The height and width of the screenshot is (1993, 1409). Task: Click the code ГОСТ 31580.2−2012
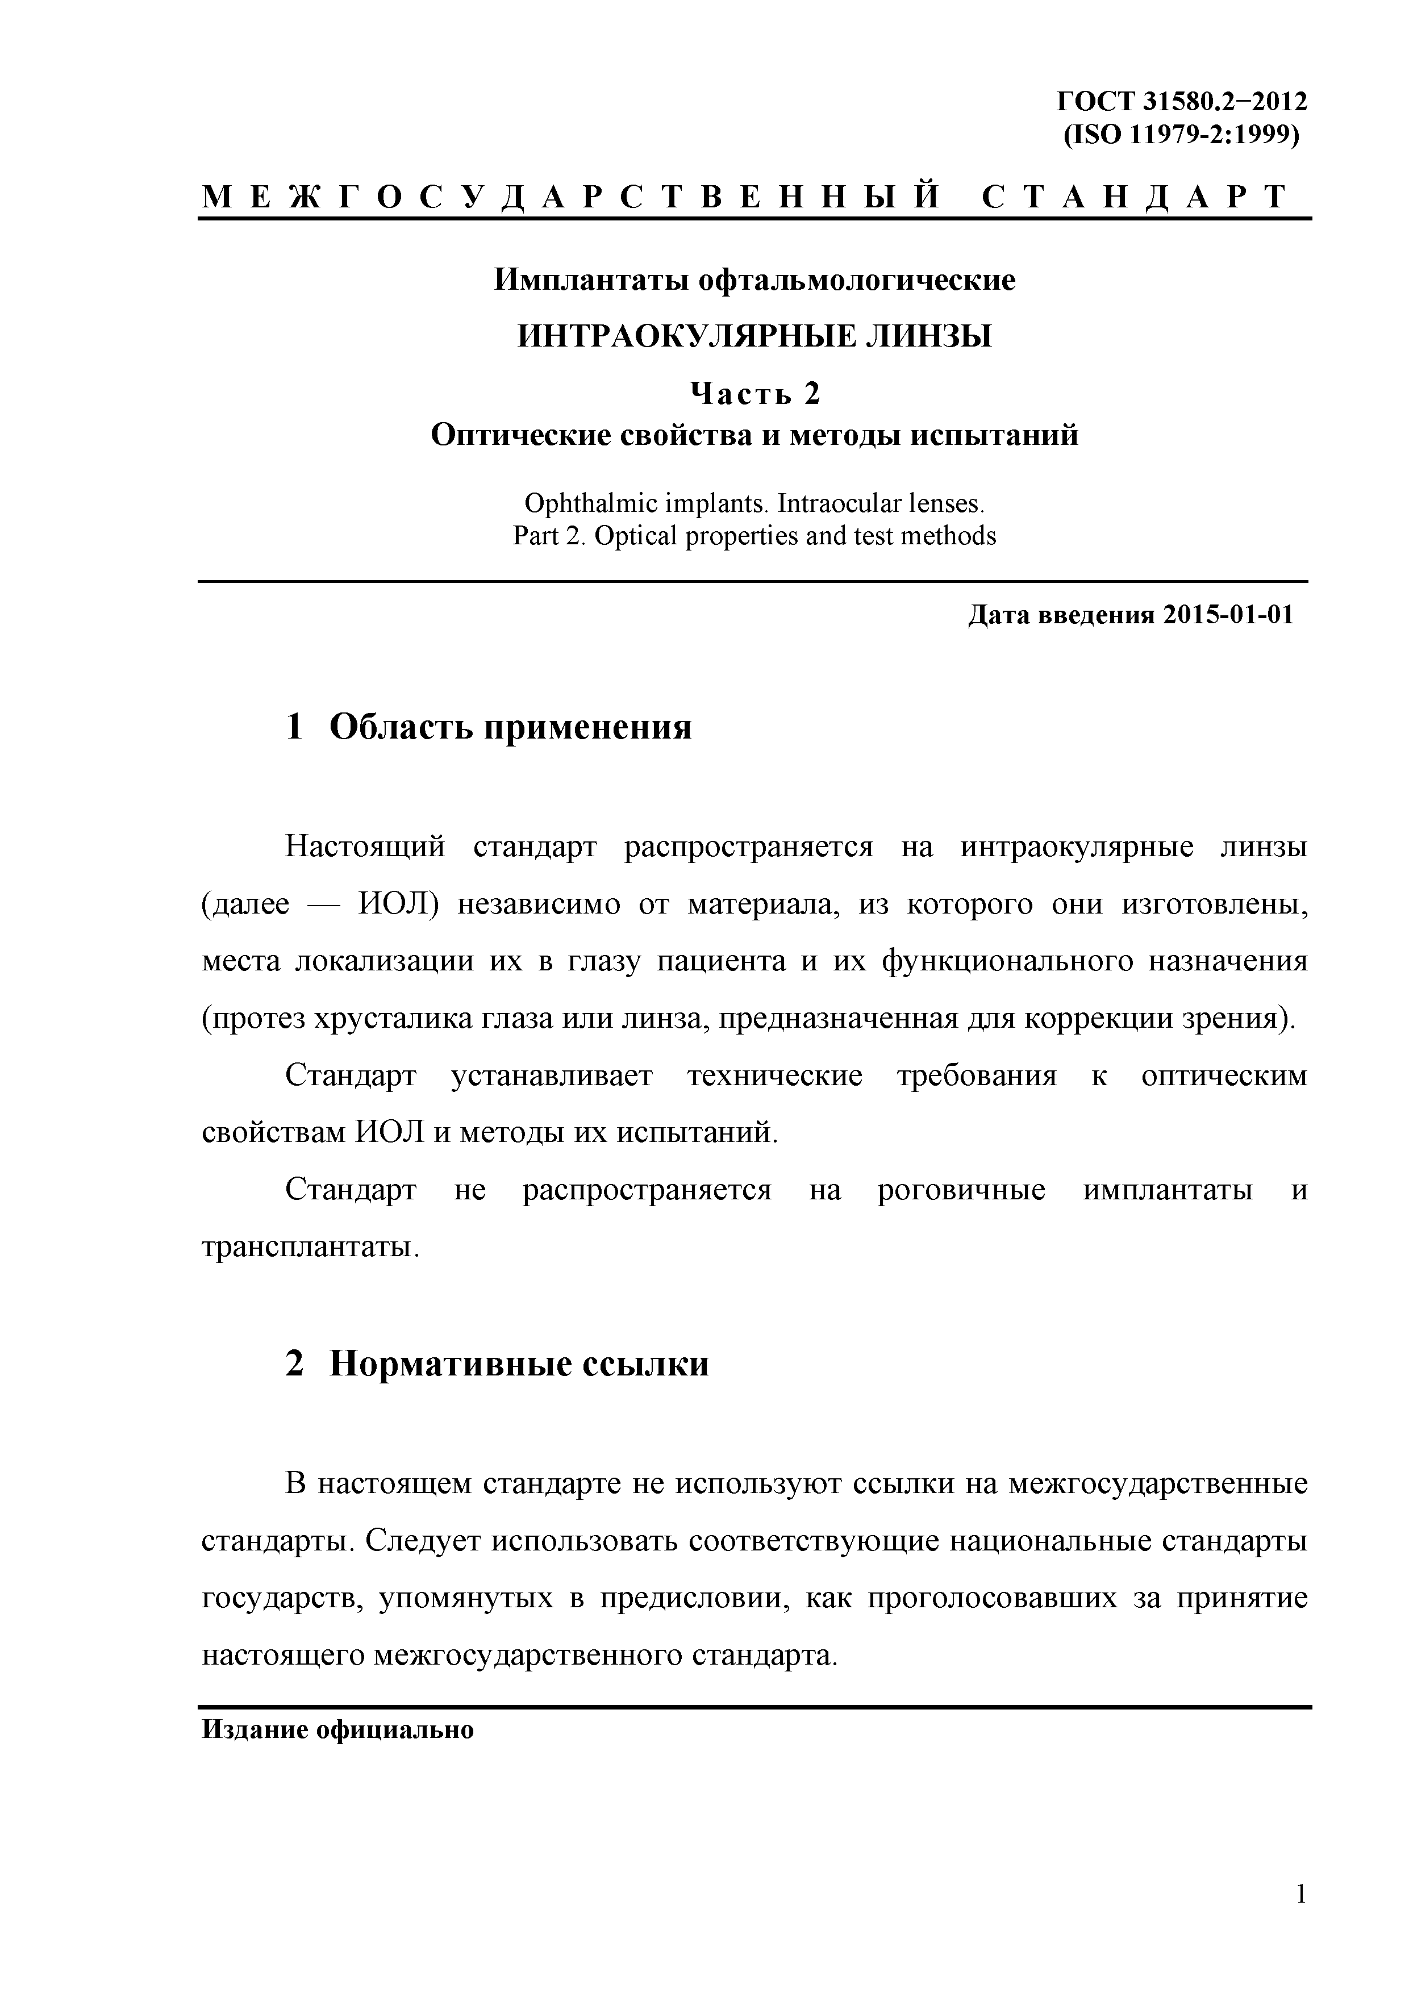click(x=1181, y=102)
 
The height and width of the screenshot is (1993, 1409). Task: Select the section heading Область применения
click(x=510, y=727)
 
